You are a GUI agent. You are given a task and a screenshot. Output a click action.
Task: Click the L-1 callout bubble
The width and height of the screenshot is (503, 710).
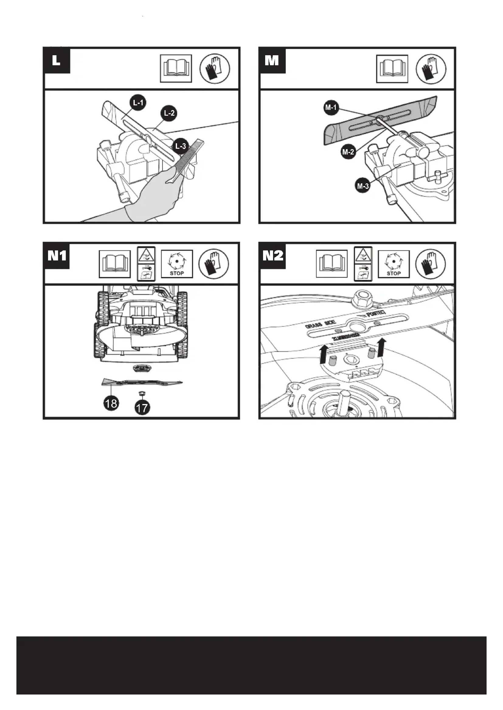click(138, 103)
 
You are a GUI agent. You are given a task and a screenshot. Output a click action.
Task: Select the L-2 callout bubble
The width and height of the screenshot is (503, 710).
click(169, 113)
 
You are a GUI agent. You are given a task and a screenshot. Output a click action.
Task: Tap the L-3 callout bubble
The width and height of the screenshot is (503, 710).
click(180, 146)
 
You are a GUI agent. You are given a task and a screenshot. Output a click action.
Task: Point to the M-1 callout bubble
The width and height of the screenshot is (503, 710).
click(331, 108)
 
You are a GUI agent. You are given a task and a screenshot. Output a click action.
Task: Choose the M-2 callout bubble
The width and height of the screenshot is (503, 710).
click(348, 151)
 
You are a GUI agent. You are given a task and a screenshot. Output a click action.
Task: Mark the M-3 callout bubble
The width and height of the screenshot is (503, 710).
click(363, 186)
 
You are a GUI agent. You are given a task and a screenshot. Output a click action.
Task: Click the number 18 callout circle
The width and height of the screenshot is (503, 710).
click(111, 403)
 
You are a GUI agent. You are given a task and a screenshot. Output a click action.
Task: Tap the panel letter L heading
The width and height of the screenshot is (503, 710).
click(56, 61)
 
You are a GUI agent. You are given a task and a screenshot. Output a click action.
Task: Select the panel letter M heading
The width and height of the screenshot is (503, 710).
click(272, 61)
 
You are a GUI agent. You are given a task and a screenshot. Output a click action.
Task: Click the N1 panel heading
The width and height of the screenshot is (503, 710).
click(57, 256)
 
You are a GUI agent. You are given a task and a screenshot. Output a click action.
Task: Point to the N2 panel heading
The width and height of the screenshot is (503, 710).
click(273, 256)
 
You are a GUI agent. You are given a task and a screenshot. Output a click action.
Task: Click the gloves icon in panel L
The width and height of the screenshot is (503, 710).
click(215, 68)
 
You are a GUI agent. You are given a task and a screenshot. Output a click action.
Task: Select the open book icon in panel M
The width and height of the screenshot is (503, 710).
click(392, 69)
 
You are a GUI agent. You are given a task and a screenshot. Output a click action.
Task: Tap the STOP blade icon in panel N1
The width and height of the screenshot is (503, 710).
click(177, 264)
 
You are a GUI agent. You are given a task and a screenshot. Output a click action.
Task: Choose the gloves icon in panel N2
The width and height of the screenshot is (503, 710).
click(431, 263)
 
